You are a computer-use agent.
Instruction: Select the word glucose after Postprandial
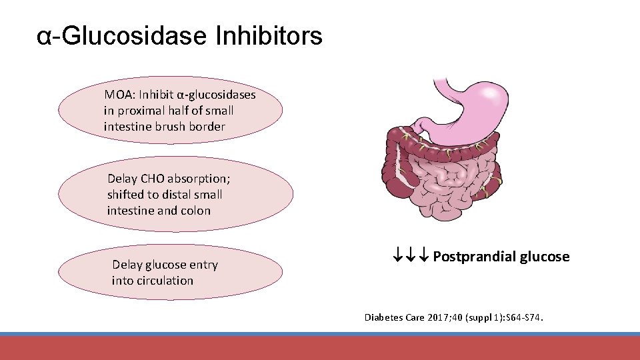click(545, 257)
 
